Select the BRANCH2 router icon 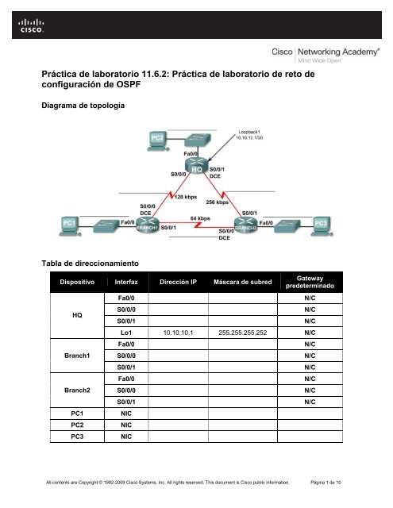[242, 225]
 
